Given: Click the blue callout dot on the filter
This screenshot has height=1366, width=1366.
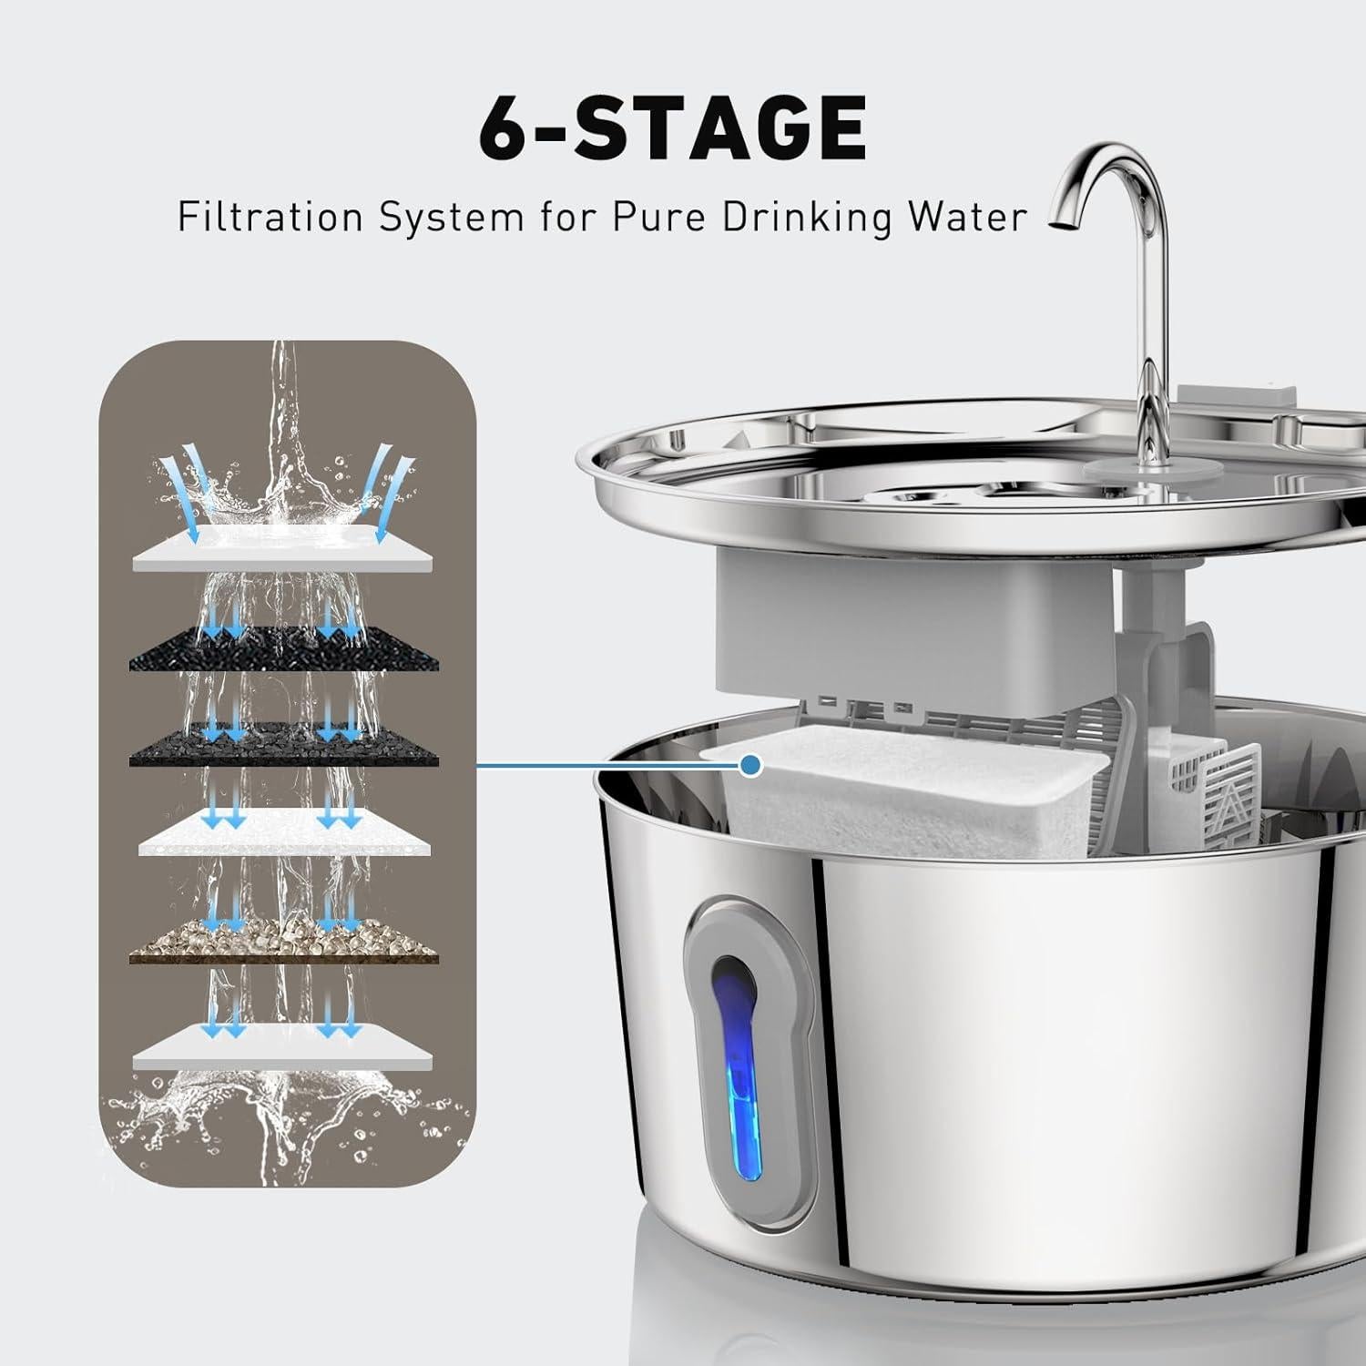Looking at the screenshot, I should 750,766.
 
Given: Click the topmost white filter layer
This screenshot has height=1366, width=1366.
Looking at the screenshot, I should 282,550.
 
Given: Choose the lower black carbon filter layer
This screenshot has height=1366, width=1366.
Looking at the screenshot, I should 282,747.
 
